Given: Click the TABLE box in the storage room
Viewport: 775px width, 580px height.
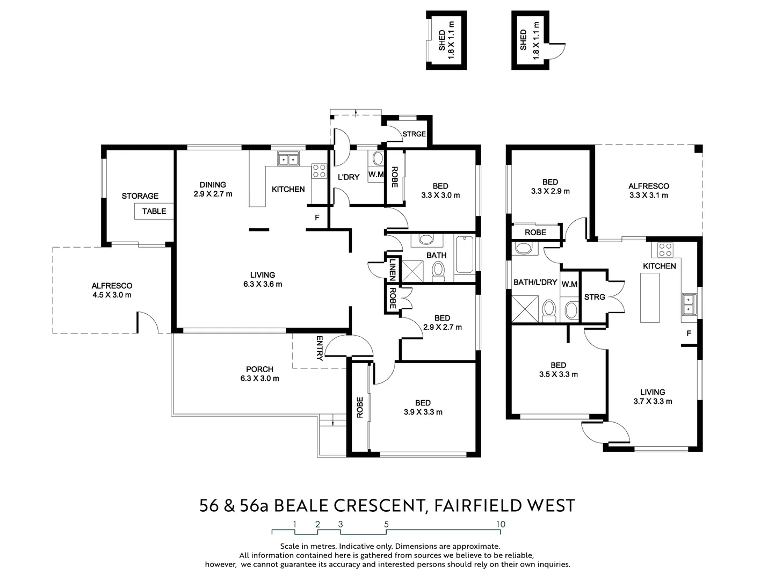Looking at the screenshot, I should (154, 211).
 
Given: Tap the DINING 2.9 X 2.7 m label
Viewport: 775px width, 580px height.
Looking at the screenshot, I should (213, 189).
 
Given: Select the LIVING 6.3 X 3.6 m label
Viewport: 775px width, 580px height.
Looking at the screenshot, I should (262, 279).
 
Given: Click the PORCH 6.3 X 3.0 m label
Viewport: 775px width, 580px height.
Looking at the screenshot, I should (259, 374).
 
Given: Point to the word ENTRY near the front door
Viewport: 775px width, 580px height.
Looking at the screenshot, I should (320, 348).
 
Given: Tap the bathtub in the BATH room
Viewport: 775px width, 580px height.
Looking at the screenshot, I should (465, 256).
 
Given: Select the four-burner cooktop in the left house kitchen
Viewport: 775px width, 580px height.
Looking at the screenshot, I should (318, 171).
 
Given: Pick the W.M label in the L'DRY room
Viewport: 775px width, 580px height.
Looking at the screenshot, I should (376, 175).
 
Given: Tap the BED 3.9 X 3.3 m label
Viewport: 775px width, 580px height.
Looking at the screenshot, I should (423, 408).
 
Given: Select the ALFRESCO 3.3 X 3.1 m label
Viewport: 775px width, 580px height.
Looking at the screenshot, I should (649, 191).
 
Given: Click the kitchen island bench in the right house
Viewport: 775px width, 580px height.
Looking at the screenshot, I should (650, 298).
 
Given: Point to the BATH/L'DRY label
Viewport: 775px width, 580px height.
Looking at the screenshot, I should (535, 282).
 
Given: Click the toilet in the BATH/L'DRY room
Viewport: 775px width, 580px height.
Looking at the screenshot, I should (548, 310).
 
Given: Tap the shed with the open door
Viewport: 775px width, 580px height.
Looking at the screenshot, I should (532, 40).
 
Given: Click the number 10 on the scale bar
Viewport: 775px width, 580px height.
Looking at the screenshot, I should (501, 524).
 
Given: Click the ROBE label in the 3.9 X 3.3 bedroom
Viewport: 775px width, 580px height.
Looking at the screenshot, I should (360, 407).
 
